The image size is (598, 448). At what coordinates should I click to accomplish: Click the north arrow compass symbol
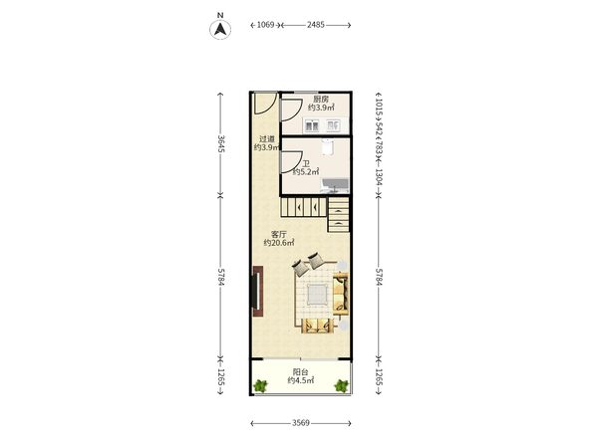(x=220, y=29)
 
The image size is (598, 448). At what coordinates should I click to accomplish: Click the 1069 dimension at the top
(x=265, y=25)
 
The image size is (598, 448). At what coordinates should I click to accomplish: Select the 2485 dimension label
(x=316, y=25)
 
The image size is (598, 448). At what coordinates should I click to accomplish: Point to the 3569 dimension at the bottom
(x=301, y=423)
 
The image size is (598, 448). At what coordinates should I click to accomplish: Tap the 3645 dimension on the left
(x=221, y=143)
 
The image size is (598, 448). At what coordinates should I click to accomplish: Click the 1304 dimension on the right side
(x=379, y=176)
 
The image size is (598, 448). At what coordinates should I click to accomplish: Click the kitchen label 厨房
(x=321, y=99)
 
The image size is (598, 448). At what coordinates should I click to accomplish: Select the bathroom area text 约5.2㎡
(x=306, y=172)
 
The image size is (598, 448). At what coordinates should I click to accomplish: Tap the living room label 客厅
(x=278, y=234)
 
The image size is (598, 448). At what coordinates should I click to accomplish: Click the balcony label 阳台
(x=301, y=371)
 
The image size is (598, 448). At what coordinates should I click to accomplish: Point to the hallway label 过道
(x=267, y=139)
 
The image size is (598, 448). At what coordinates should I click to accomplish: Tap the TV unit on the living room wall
(x=258, y=291)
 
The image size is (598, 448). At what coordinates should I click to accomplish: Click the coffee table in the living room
(x=317, y=294)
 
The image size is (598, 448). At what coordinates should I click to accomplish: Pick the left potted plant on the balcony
(x=261, y=386)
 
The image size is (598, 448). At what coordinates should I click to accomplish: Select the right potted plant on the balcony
(x=341, y=386)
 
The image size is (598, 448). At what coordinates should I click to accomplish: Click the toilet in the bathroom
(x=327, y=147)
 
